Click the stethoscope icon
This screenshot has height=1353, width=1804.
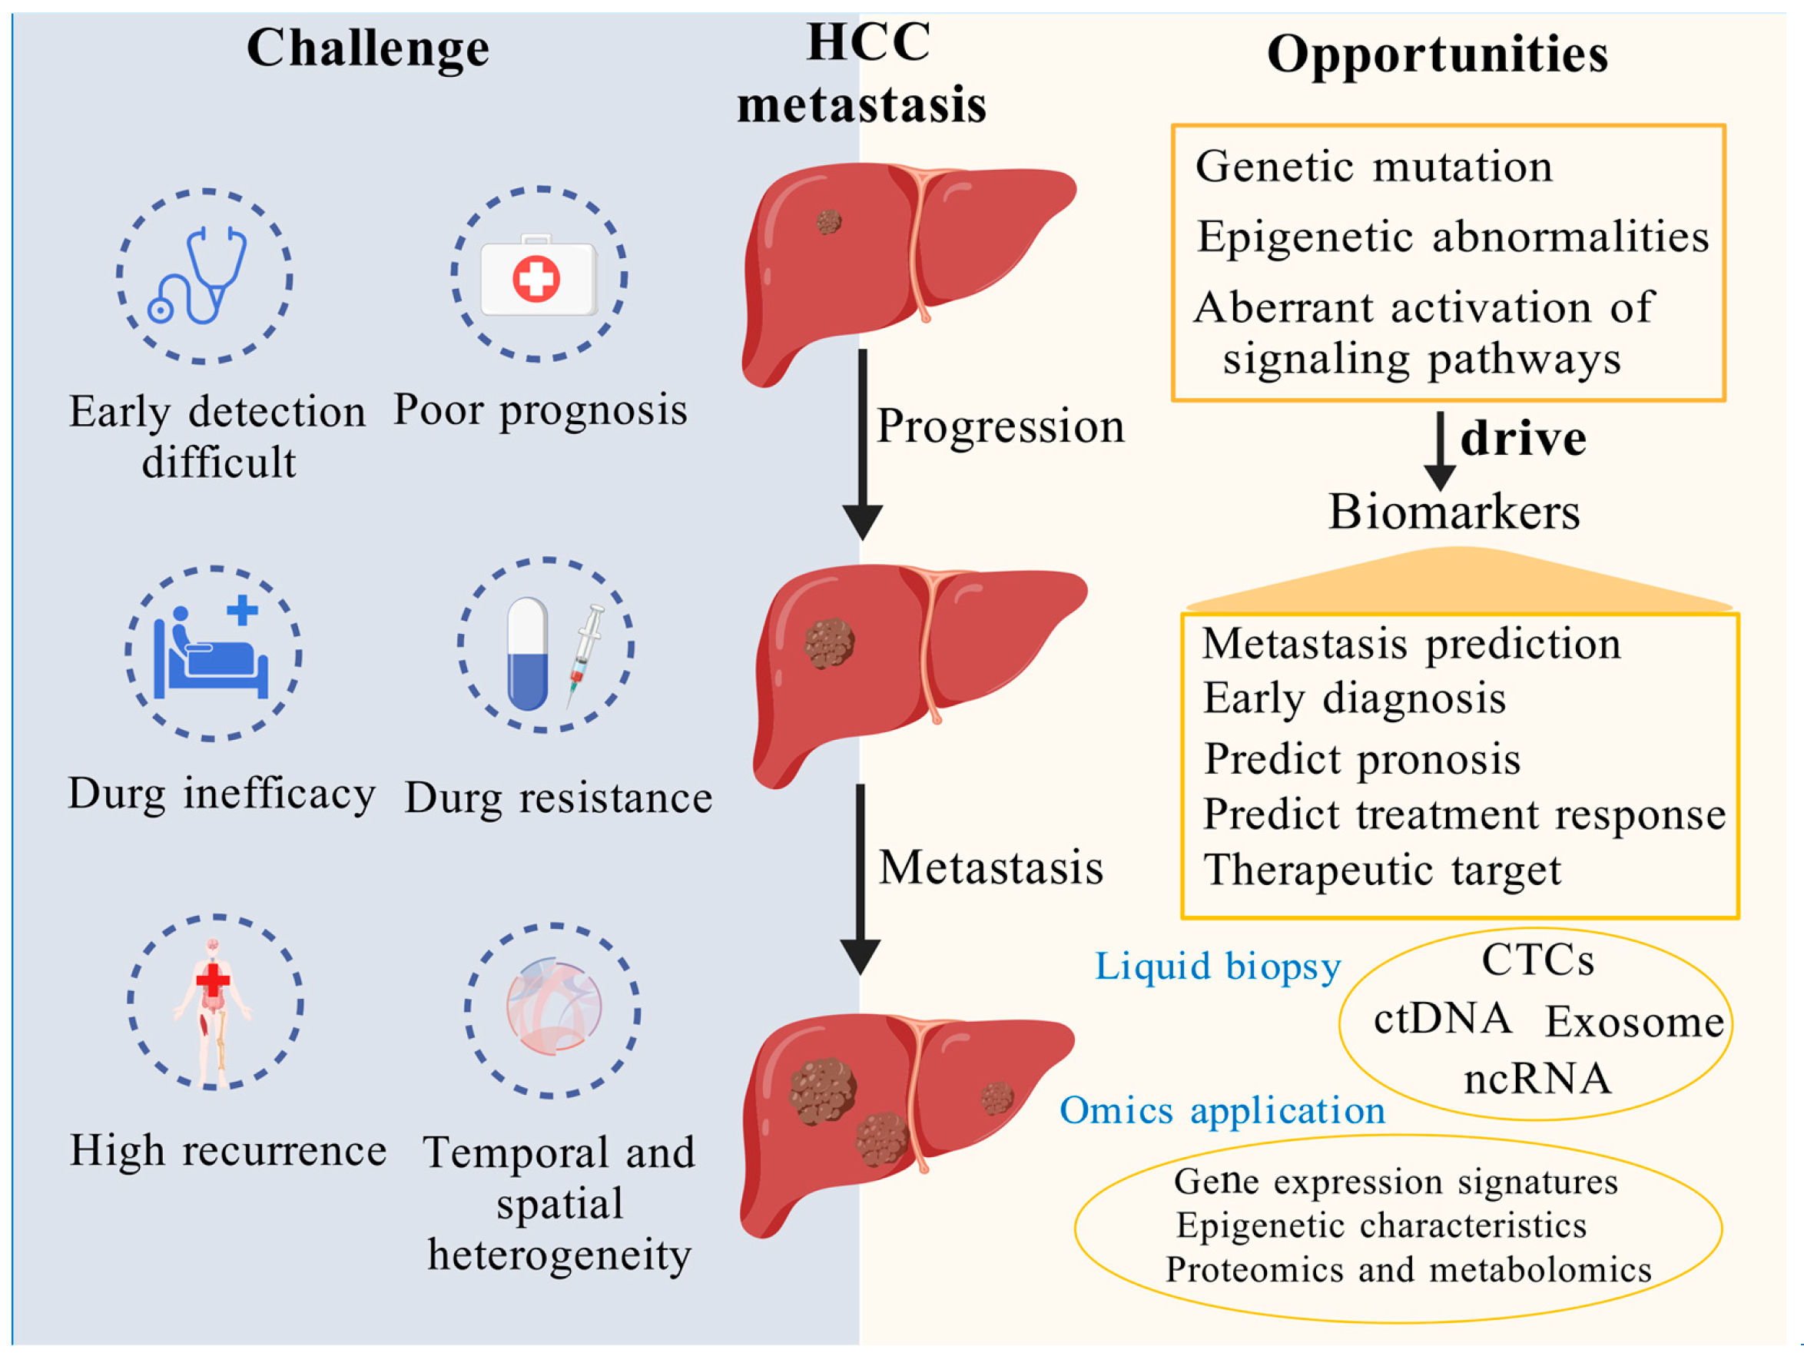point(198,276)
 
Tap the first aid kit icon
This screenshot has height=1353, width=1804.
point(539,277)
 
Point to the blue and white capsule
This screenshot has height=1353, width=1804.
point(527,653)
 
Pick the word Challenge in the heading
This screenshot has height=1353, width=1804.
point(368,48)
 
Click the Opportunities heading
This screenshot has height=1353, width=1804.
point(1437,55)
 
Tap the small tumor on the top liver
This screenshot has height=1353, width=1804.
point(828,221)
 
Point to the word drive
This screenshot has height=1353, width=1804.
point(1523,439)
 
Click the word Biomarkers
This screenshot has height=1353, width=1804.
point(1454,512)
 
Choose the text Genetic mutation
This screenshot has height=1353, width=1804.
point(1374,167)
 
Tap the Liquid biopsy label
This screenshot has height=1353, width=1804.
point(1217,967)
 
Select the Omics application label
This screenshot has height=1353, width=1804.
point(1222,1111)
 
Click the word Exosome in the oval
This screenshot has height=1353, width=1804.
point(1634,1022)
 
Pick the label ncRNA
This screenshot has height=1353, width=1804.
point(1537,1079)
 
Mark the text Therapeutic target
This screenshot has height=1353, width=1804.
point(1381,870)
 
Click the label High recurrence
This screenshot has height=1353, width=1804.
point(227,1151)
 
